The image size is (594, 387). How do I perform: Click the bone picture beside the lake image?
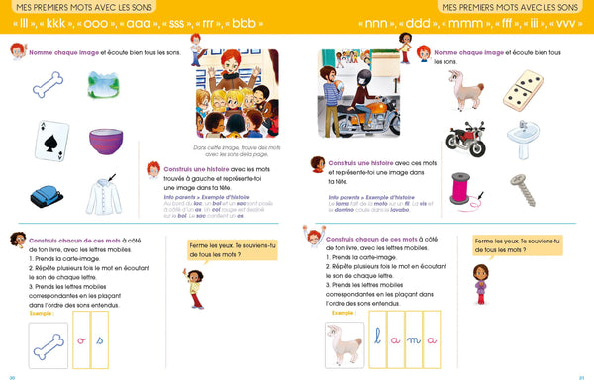tap(48, 87)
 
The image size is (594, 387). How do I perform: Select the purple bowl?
tap(106, 142)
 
